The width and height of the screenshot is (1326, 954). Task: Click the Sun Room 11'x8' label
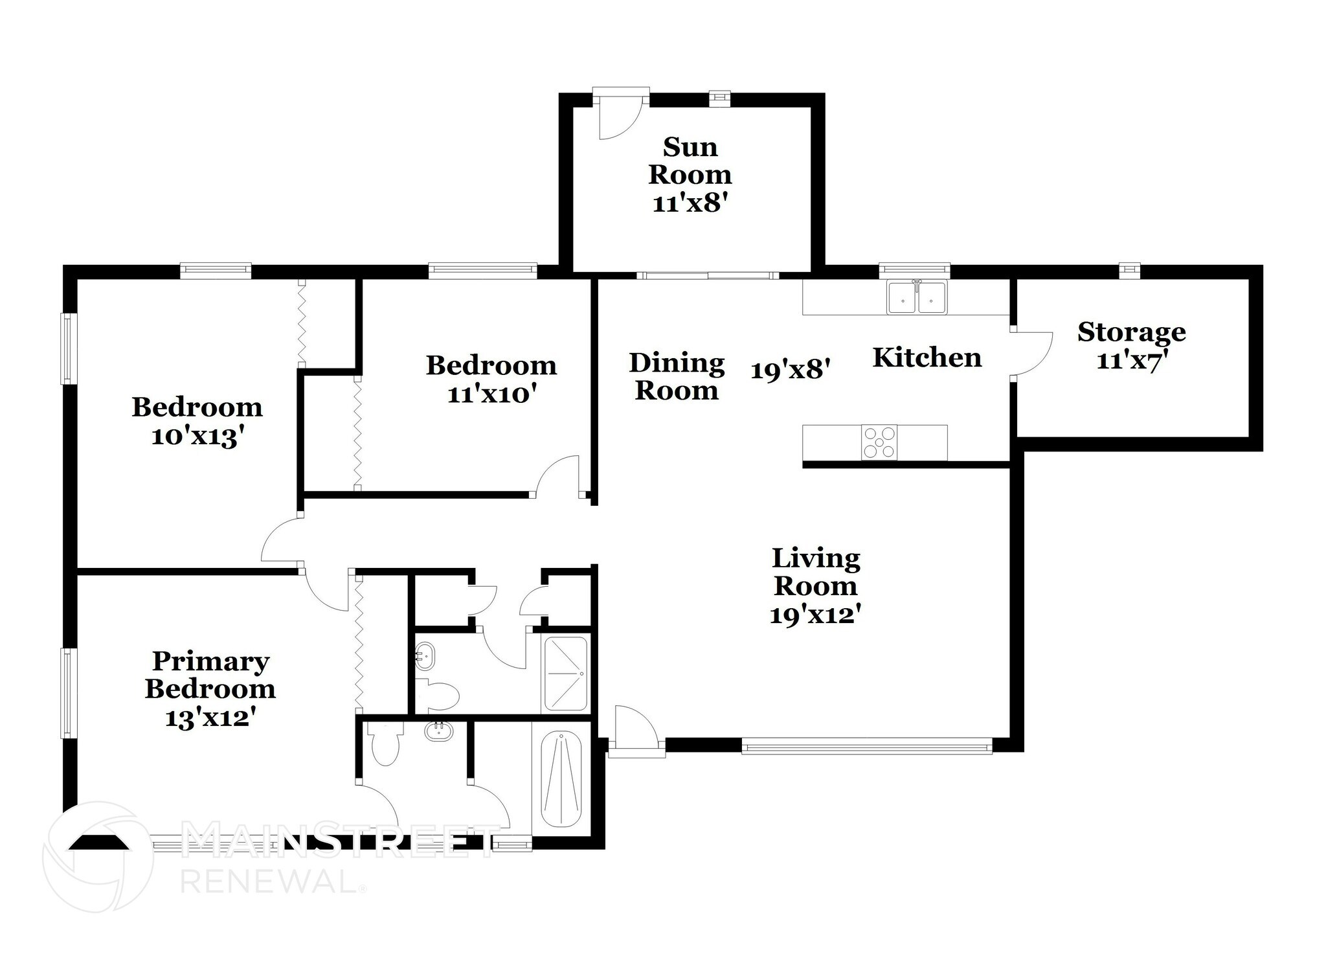[x=690, y=175]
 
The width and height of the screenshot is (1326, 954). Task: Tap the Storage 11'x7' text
[x=1131, y=345]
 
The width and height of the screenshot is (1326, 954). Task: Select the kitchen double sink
[x=917, y=299]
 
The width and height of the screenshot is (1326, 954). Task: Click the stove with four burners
[x=879, y=442]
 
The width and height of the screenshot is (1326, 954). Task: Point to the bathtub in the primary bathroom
[x=561, y=779]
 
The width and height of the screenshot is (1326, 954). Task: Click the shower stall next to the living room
[x=565, y=674]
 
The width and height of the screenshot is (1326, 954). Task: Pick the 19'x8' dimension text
[x=790, y=370]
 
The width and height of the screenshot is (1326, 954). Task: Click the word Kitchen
[x=927, y=358]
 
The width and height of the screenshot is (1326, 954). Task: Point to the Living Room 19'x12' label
[x=815, y=585]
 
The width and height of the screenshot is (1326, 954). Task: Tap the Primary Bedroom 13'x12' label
[x=210, y=689]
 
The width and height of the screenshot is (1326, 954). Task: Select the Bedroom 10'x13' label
[x=197, y=422]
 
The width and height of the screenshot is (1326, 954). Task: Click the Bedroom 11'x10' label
[x=491, y=379]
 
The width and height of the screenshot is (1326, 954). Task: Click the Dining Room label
[x=677, y=377]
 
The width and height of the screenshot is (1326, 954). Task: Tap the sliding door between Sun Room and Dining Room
[x=707, y=276]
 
